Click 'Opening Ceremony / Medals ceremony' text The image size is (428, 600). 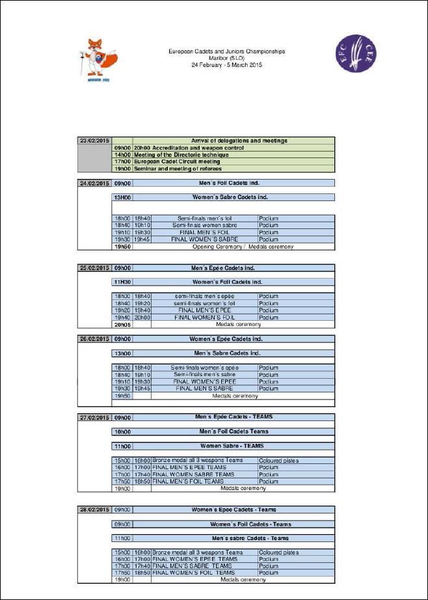click(243, 247)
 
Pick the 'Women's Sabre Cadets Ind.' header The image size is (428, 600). click(230, 197)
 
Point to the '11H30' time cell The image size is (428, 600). click(122, 282)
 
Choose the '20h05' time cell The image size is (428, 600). click(122, 324)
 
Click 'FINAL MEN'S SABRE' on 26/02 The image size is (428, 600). click(204, 389)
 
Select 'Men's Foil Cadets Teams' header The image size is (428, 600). click(233, 431)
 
